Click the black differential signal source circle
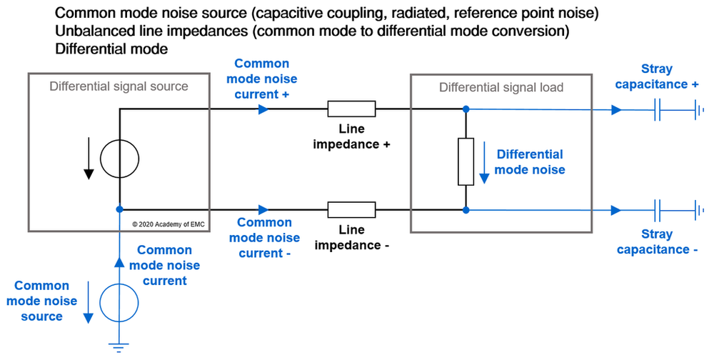[119, 159]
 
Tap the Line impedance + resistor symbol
[351, 109]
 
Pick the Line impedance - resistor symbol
[351, 210]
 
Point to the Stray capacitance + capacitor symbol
[658, 110]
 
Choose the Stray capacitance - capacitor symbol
[658, 211]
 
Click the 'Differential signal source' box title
[119, 86]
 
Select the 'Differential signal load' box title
[501, 88]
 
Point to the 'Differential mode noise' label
[530, 162]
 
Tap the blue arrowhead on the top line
[264, 109]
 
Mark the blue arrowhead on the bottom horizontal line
[264, 210]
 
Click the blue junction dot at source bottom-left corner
[119, 210]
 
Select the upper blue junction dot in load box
[466, 109]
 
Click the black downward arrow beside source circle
[89, 161]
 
